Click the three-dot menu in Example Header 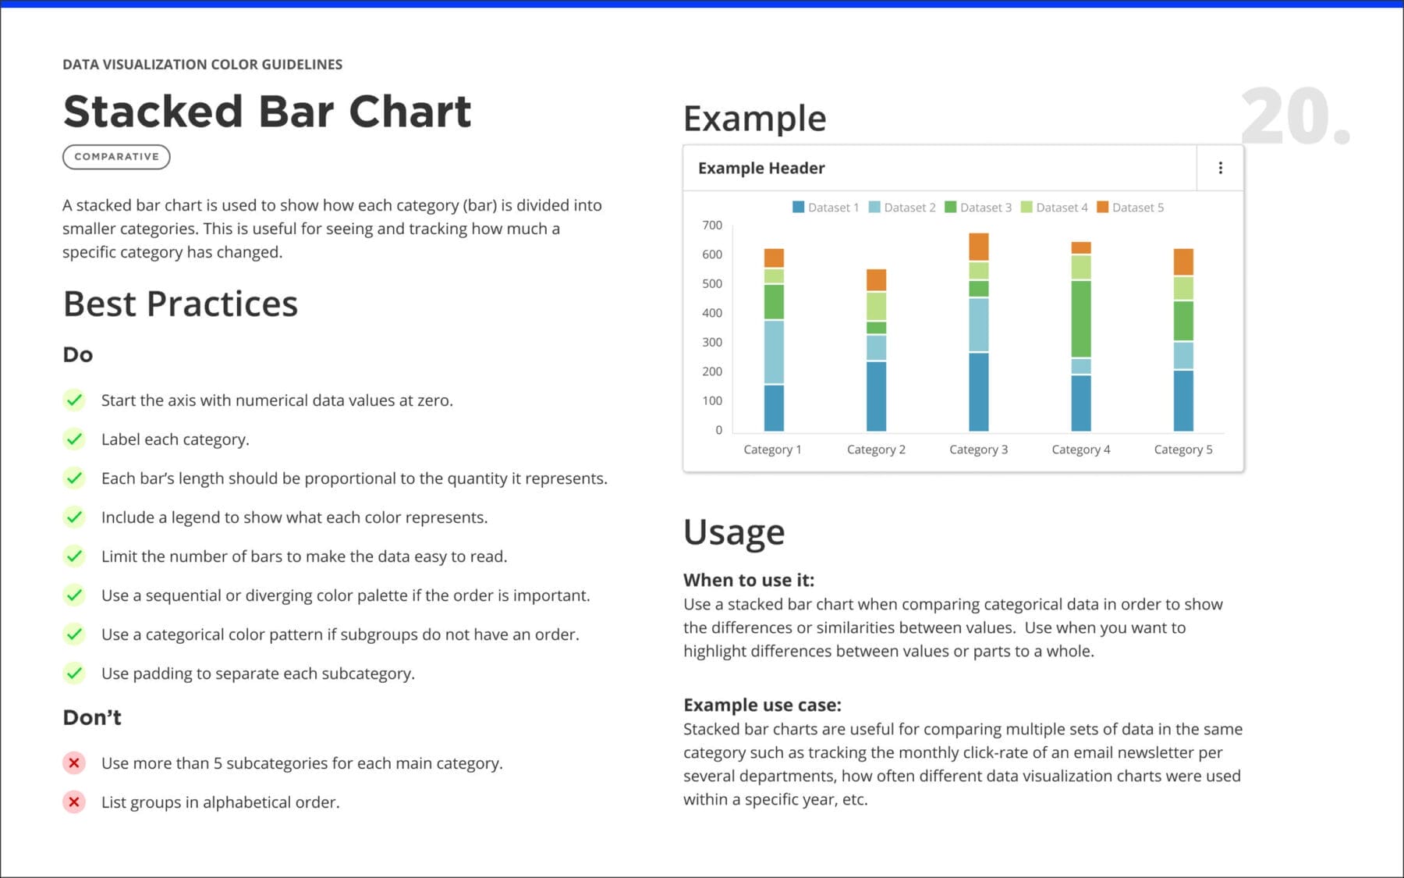pyautogui.click(x=1220, y=168)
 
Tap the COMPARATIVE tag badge pyautogui.click(x=116, y=157)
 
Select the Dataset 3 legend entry pyautogui.click(x=978, y=208)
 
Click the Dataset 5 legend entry pyautogui.click(x=1130, y=208)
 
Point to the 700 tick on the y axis pyautogui.click(x=712, y=226)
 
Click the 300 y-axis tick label pyautogui.click(x=712, y=343)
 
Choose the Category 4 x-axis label pyautogui.click(x=1081, y=450)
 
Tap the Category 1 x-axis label pyautogui.click(x=772, y=450)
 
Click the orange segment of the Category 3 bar pyautogui.click(x=979, y=247)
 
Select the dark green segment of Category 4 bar pyautogui.click(x=1081, y=319)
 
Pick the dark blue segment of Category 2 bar pyautogui.click(x=877, y=396)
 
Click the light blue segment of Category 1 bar pyautogui.click(x=774, y=353)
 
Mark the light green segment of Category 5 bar pyautogui.click(x=1183, y=289)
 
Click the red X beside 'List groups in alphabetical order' pyautogui.click(x=74, y=802)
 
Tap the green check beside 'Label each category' pyautogui.click(x=74, y=439)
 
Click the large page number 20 pyautogui.click(x=1295, y=116)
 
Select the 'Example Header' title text pyautogui.click(x=761, y=168)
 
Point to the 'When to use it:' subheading pyautogui.click(x=749, y=580)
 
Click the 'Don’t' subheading pyautogui.click(x=92, y=717)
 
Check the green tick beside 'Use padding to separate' pyautogui.click(x=74, y=673)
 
